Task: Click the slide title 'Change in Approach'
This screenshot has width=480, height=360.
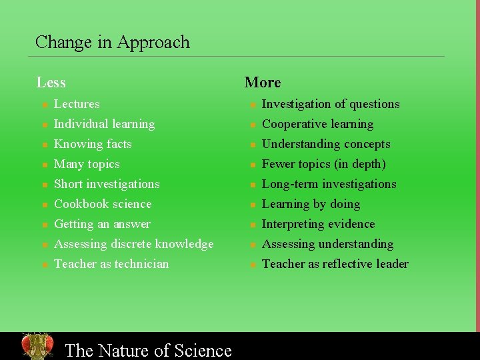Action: click(x=112, y=42)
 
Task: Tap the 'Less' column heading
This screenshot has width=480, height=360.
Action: click(x=51, y=83)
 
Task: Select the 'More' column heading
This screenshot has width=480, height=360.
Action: click(x=263, y=83)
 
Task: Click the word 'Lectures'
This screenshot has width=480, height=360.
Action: click(x=77, y=104)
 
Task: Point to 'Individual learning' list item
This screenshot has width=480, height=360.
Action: click(x=104, y=124)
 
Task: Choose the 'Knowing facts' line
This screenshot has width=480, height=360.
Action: click(x=93, y=144)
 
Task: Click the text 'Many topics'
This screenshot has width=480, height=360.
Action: click(x=87, y=164)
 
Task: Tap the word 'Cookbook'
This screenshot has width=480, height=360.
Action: click(x=79, y=204)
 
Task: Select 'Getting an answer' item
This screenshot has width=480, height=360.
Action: click(x=102, y=224)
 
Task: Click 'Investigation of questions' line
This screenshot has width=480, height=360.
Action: click(x=331, y=104)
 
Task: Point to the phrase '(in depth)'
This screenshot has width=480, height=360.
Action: click(x=360, y=164)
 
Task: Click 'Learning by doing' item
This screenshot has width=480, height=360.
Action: click(x=311, y=204)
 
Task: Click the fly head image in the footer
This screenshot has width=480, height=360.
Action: click(x=37, y=346)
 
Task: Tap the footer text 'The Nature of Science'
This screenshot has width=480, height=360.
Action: click(x=148, y=350)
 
